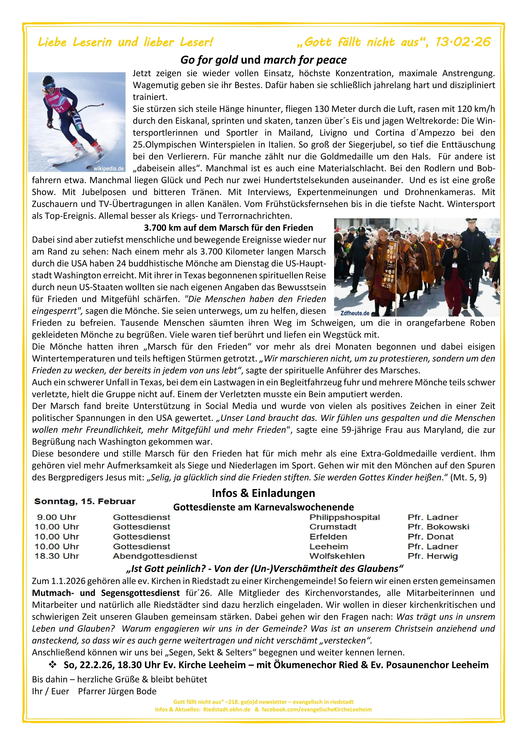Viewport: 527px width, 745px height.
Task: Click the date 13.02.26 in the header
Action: (463, 42)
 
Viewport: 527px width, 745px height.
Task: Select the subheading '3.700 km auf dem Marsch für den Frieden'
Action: (228, 228)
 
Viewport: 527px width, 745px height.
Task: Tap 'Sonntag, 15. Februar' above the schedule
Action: (85, 501)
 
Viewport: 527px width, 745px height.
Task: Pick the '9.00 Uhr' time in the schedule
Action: (57, 517)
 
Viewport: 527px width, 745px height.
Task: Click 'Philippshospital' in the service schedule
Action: (344, 517)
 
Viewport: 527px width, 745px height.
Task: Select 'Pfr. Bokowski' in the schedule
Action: (438, 527)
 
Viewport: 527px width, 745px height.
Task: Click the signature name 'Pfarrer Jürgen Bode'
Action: (117, 691)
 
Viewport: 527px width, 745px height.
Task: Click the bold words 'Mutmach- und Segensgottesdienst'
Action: (106, 593)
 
